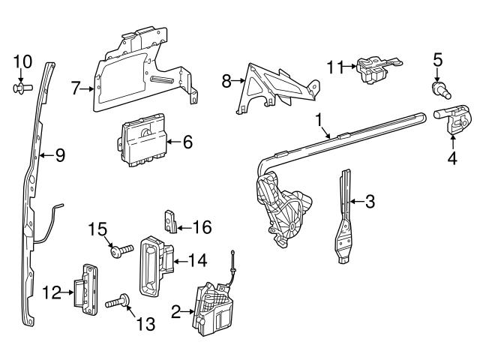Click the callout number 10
22,60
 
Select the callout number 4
452,157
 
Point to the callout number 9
60,155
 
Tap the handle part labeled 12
84,286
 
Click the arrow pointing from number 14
180,262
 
